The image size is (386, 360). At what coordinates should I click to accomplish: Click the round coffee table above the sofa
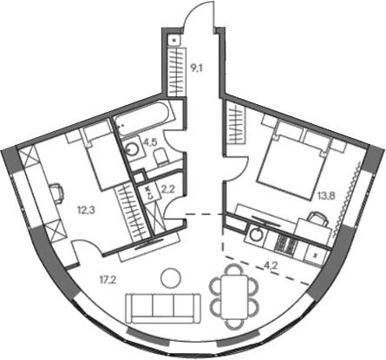click(171, 277)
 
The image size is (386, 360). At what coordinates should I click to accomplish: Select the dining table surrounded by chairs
click(232, 293)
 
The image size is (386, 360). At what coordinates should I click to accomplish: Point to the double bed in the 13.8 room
click(291, 160)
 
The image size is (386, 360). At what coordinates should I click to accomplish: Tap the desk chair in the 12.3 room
click(56, 190)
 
